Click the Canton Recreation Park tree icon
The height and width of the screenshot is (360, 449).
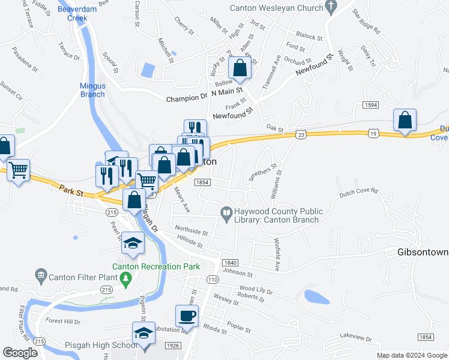125,278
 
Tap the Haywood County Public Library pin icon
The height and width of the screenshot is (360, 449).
226,211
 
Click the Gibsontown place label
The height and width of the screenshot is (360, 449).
423,252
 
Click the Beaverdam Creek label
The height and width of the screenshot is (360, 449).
73,14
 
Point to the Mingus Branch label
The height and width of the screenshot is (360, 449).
92,90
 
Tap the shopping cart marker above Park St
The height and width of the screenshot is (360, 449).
19,171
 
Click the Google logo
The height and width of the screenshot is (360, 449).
20,353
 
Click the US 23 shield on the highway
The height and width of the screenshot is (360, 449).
301,136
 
